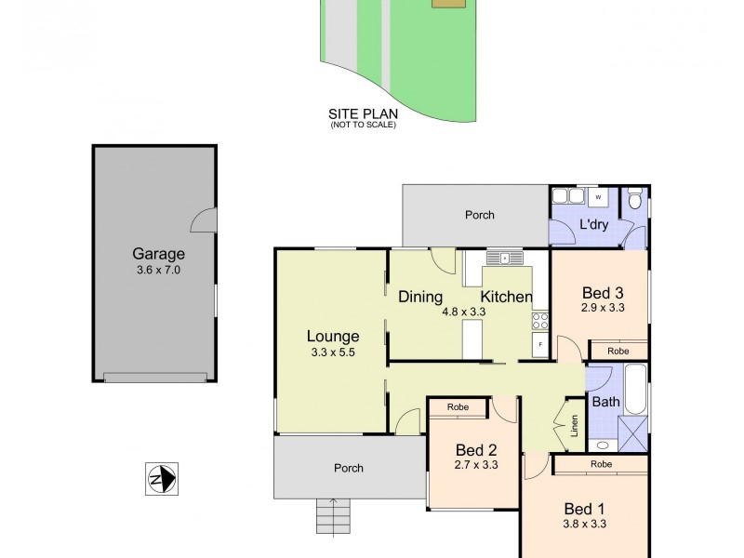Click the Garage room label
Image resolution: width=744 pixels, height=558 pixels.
(158, 253)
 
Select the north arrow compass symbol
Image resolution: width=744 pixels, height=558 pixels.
(162, 479)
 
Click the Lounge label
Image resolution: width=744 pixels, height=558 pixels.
(333, 336)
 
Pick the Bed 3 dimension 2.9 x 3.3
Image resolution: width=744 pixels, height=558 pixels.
(601, 307)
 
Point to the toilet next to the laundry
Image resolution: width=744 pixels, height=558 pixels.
(634, 199)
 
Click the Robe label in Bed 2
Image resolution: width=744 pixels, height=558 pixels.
(457, 407)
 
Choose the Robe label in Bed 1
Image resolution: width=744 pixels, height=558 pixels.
(601, 462)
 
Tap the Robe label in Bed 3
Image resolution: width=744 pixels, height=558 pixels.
(618, 351)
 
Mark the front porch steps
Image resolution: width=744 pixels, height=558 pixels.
(331, 513)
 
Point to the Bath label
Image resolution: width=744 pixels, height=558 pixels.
(605, 403)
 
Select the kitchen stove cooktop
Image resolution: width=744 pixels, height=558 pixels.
(539, 321)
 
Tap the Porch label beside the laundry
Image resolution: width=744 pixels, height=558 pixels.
(480, 215)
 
